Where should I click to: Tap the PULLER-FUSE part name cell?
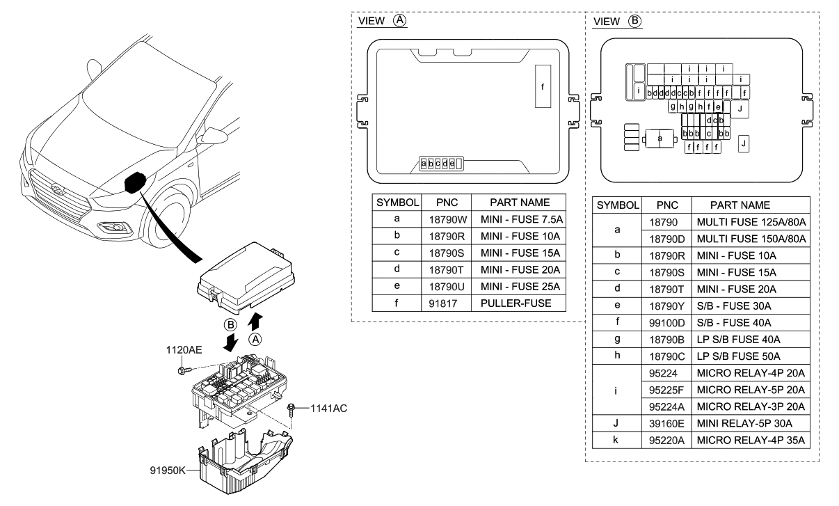[x=516, y=303]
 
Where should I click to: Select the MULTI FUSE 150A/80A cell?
[x=751, y=239]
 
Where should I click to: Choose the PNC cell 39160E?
[x=666, y=422]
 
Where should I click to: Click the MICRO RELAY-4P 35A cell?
[x=751, y=440]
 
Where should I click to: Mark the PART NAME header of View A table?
[x=520, y=203]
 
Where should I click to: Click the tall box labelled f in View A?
[x=543, y=87]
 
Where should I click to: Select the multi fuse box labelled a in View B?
[x=660, y=139]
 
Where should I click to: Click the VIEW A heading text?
[x=381, y=21]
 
